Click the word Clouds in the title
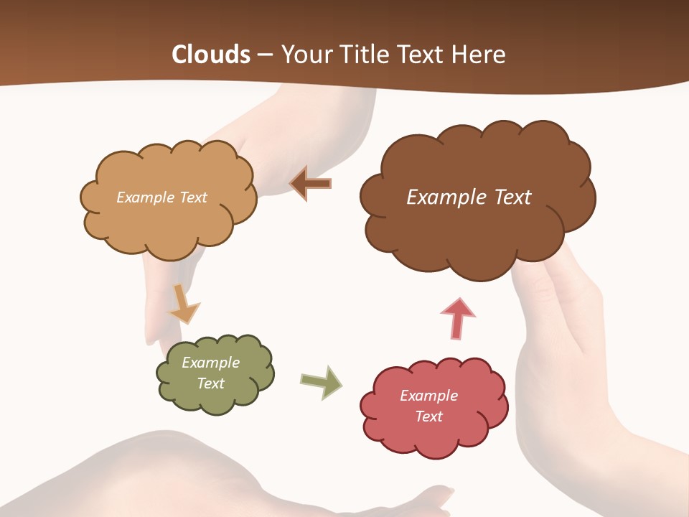(x=211, y=55)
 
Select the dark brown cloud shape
(x=477, y=230)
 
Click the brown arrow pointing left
(x=311, y=184)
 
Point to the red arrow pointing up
(x=458, y=318)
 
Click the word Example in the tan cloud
(x=144, y=197)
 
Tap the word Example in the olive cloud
(x=210, y=363)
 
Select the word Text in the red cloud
(x=428, y=416)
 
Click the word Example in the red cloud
(x=428, y=396)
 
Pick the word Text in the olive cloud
(x=210, y=383)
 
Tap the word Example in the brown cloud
(x=443, y=197)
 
